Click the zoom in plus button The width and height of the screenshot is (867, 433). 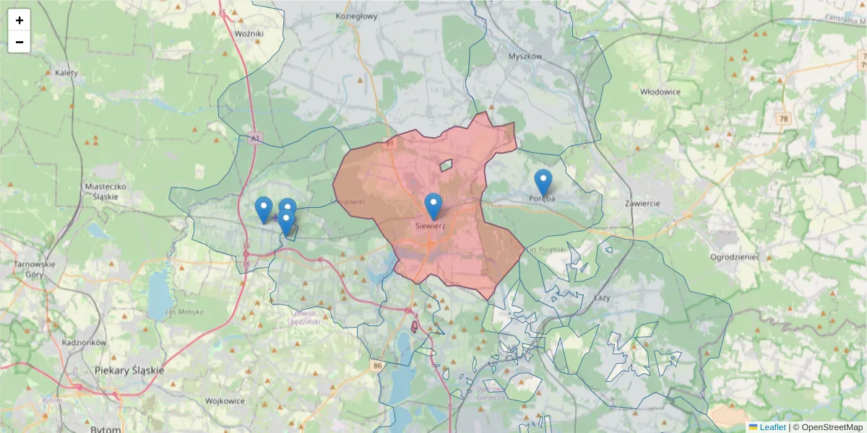(x=20, y=20)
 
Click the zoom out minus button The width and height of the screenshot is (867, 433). (x=20, y=42)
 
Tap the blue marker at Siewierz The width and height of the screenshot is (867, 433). (x=433, y=206)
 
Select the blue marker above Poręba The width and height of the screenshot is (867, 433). (x=543, y=183)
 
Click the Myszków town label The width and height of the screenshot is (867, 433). (x=525, y=56)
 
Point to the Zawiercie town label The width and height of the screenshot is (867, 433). (x=643, y=204)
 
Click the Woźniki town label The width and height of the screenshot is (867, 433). (x=250, y=33)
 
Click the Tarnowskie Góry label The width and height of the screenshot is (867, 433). (x=35, y=269)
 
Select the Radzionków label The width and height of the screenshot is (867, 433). (x=85, y=342)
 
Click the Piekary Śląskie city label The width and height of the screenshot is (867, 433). (x=129, y=370)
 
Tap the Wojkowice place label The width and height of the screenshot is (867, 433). (x=226, y=400)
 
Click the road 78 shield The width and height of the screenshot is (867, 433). (x=785, y=118)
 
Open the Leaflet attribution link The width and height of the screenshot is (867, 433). (x=772, y=427)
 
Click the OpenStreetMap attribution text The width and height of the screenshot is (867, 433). (x=832, y=427)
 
